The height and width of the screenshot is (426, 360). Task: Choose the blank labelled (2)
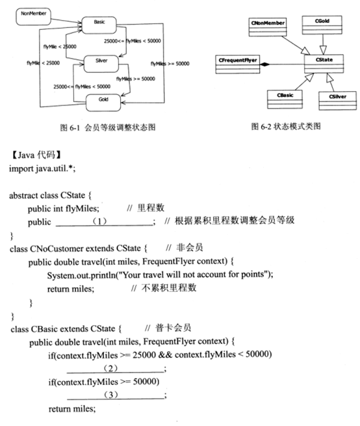116,367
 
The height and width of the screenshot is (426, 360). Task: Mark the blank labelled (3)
116,395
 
